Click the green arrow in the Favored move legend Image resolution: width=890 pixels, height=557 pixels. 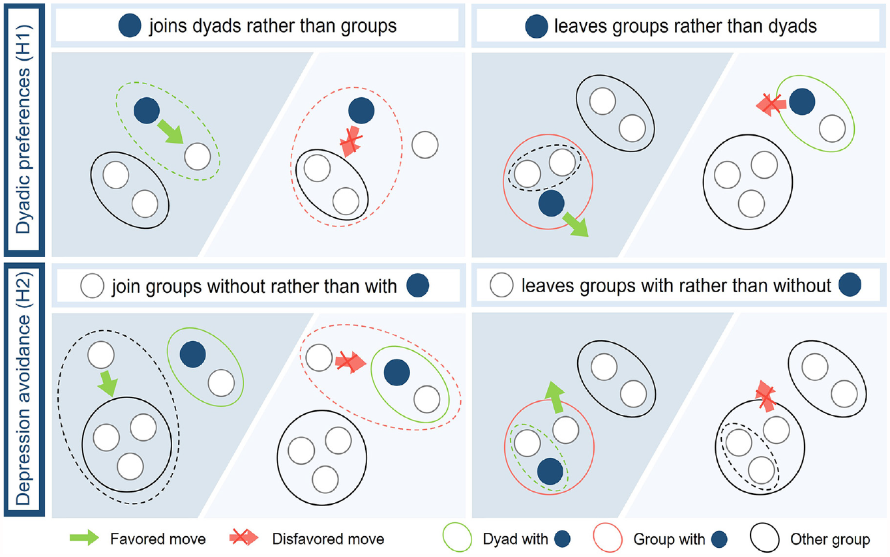pos(84,537)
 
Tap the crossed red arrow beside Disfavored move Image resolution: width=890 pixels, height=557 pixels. pos(244,537)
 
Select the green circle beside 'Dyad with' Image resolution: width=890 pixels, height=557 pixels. pos(457,538)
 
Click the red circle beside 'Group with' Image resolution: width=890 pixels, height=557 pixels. pos(608,538)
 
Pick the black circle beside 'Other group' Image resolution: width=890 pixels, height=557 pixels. pos(765,538)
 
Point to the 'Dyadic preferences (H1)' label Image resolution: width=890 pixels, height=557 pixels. pos(23,129)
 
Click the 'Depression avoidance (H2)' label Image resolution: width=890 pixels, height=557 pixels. pos(23,389)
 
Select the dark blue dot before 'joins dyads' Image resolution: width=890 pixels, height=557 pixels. pos(130,25)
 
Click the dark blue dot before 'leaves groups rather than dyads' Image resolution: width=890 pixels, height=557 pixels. pos(537,26)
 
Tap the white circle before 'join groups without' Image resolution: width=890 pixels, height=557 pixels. pos(92,286)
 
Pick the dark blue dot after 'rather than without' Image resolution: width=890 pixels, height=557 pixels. pos(850,284)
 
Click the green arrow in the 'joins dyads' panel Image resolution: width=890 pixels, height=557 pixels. pos(170,132)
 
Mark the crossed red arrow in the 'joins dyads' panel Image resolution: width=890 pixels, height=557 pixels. pos(351,141)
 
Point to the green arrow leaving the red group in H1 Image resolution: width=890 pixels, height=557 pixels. pos(575,224)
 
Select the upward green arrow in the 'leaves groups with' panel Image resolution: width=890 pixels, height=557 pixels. pos(555,397)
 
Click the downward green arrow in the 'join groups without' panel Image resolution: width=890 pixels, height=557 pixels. pos(108,384)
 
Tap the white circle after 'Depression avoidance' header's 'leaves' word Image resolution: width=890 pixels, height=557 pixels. pos(501,284)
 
